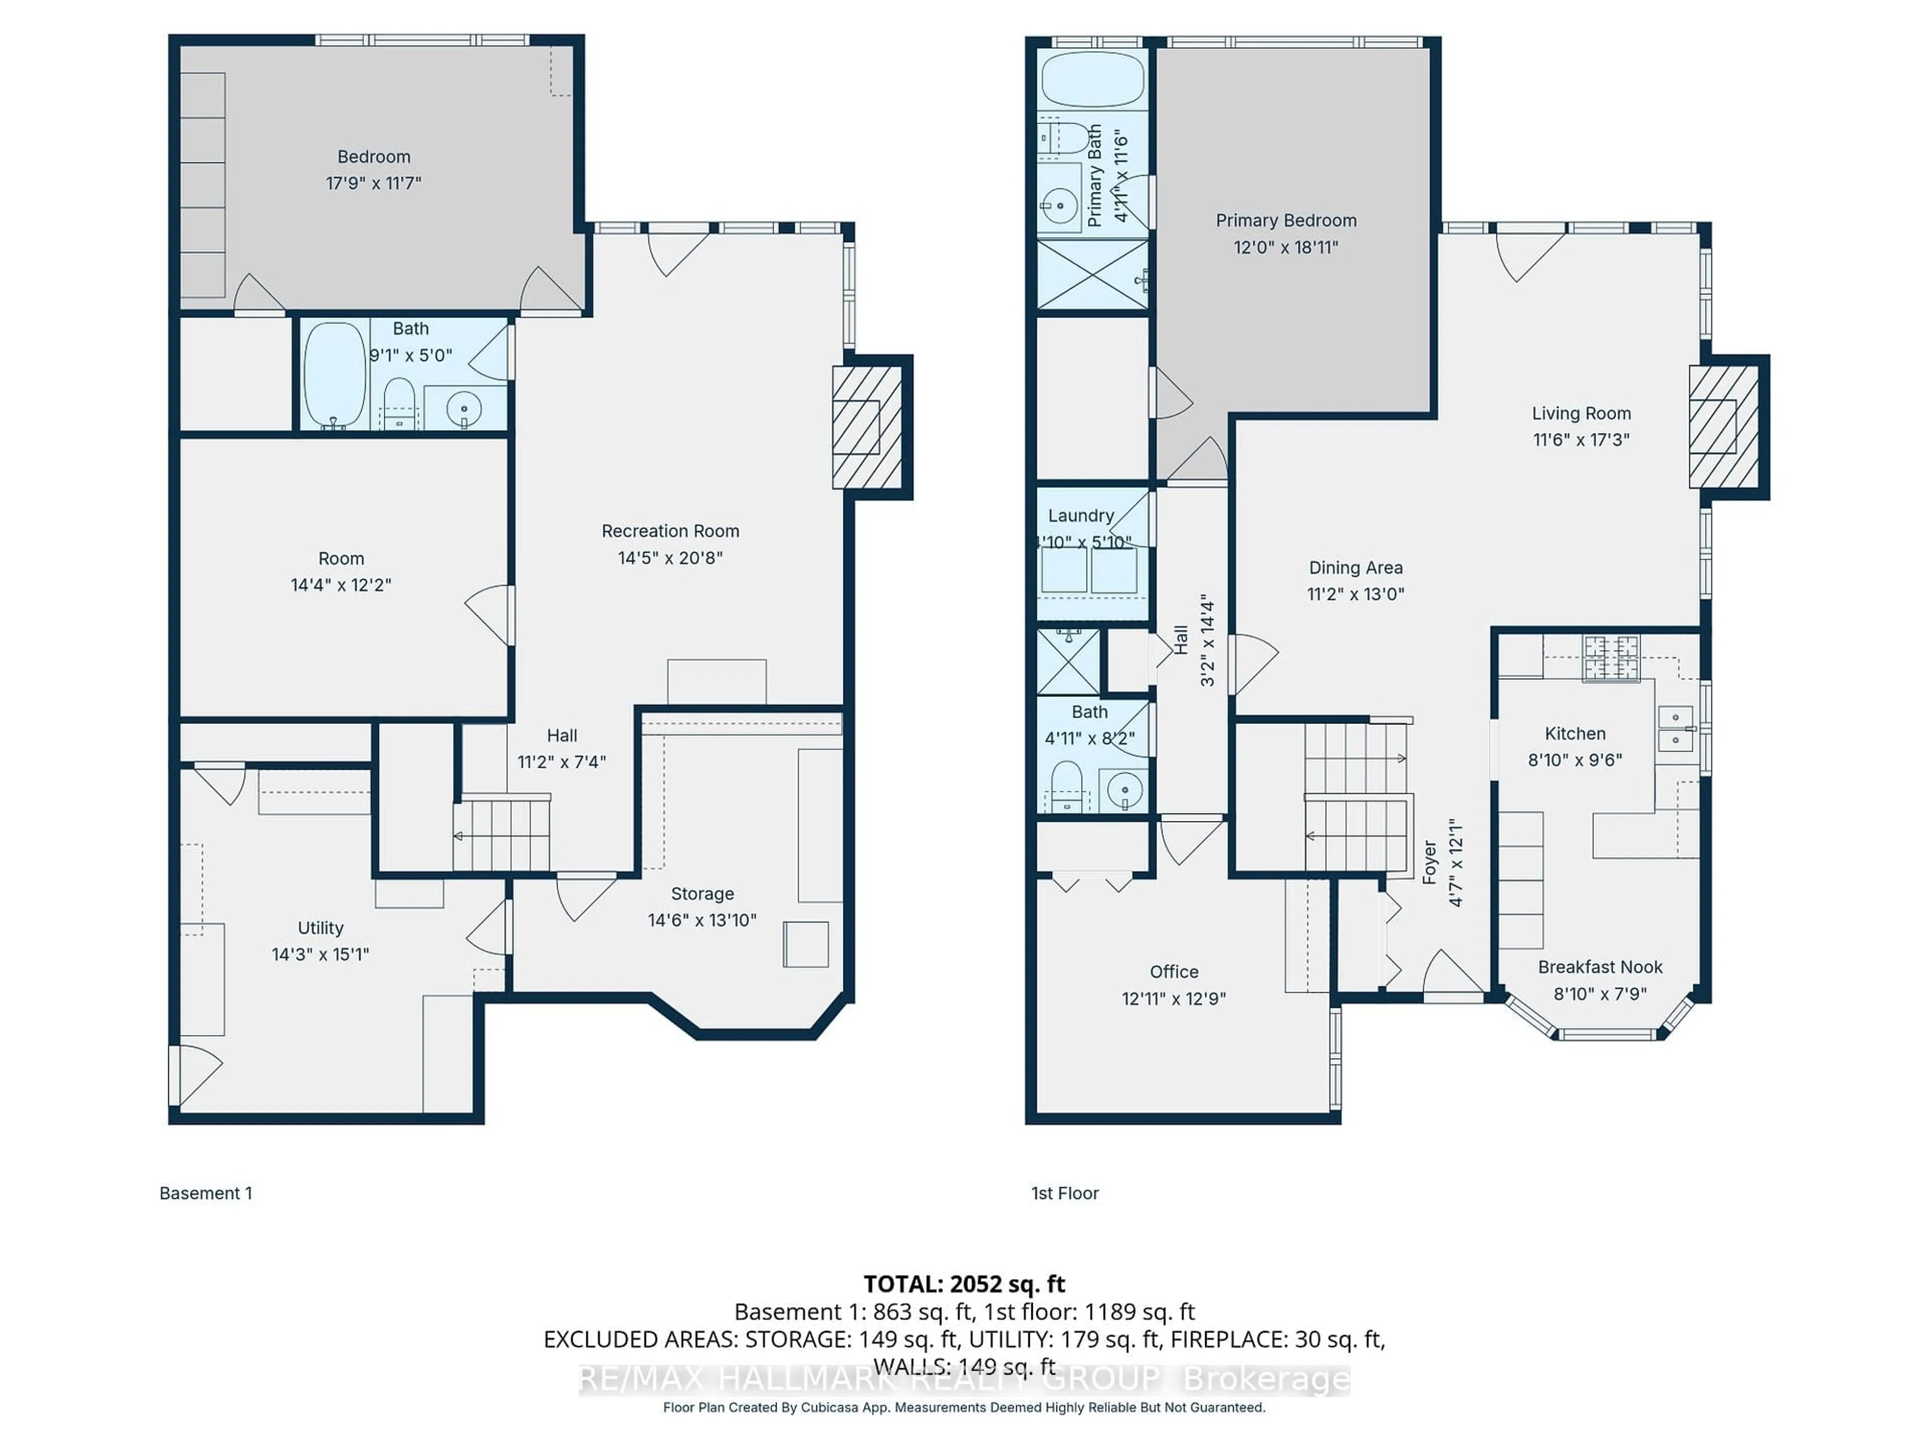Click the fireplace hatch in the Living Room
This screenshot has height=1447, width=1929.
(1723, 427)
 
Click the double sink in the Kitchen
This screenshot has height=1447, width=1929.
(1674, 729)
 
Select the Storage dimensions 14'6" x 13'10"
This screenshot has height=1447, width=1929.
(701, 919)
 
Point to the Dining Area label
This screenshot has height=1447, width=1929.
(1355, 568)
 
